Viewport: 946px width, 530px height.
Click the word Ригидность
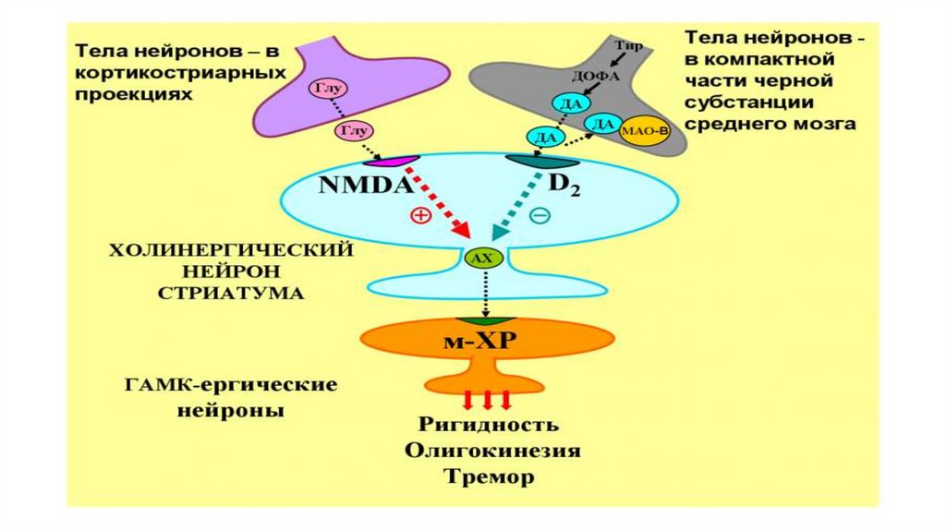pyautogui.click(x=488, y=425)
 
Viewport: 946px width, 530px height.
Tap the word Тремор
pyautogui.click(x=489, y=477)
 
